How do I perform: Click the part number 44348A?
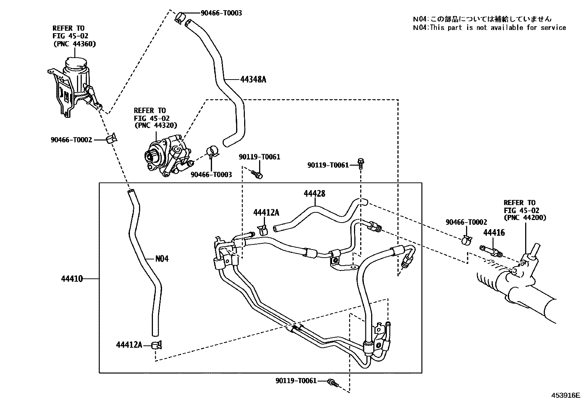pos(253,79)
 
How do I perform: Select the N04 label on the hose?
pos(162,259)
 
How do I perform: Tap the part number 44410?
pos(72,279)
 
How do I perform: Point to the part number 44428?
pos(314,194)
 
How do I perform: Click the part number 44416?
pos(494,233)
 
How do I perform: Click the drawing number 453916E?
pos(565,395)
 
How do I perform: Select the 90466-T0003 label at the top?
pos(221,13)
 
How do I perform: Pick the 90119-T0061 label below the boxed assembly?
pos(296,381)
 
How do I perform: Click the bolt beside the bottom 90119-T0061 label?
pos(333,383)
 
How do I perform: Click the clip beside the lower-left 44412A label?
pos(157,344)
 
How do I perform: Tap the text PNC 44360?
pos(74,44)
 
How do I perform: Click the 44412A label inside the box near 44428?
pos(266,213)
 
